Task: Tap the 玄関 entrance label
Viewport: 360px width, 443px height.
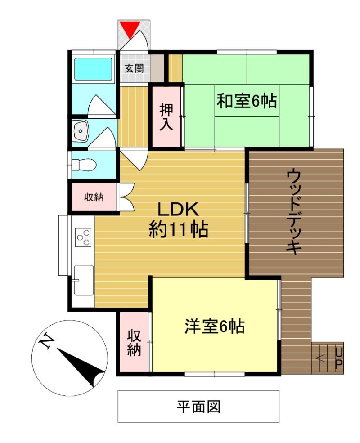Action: pos(134,68)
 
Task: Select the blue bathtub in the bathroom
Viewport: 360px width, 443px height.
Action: pos(93,69)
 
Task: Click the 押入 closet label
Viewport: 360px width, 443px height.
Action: pos(166,117)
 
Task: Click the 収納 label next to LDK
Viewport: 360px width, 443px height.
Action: pos(94,197)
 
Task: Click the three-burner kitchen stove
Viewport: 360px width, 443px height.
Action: pos(84,238)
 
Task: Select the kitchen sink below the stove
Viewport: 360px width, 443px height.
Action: pos(84,280)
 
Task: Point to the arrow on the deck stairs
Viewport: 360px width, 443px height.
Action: pos(321,358)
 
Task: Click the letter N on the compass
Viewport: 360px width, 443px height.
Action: pos(46,342)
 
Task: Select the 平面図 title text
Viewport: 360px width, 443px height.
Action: pos(198,407)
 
